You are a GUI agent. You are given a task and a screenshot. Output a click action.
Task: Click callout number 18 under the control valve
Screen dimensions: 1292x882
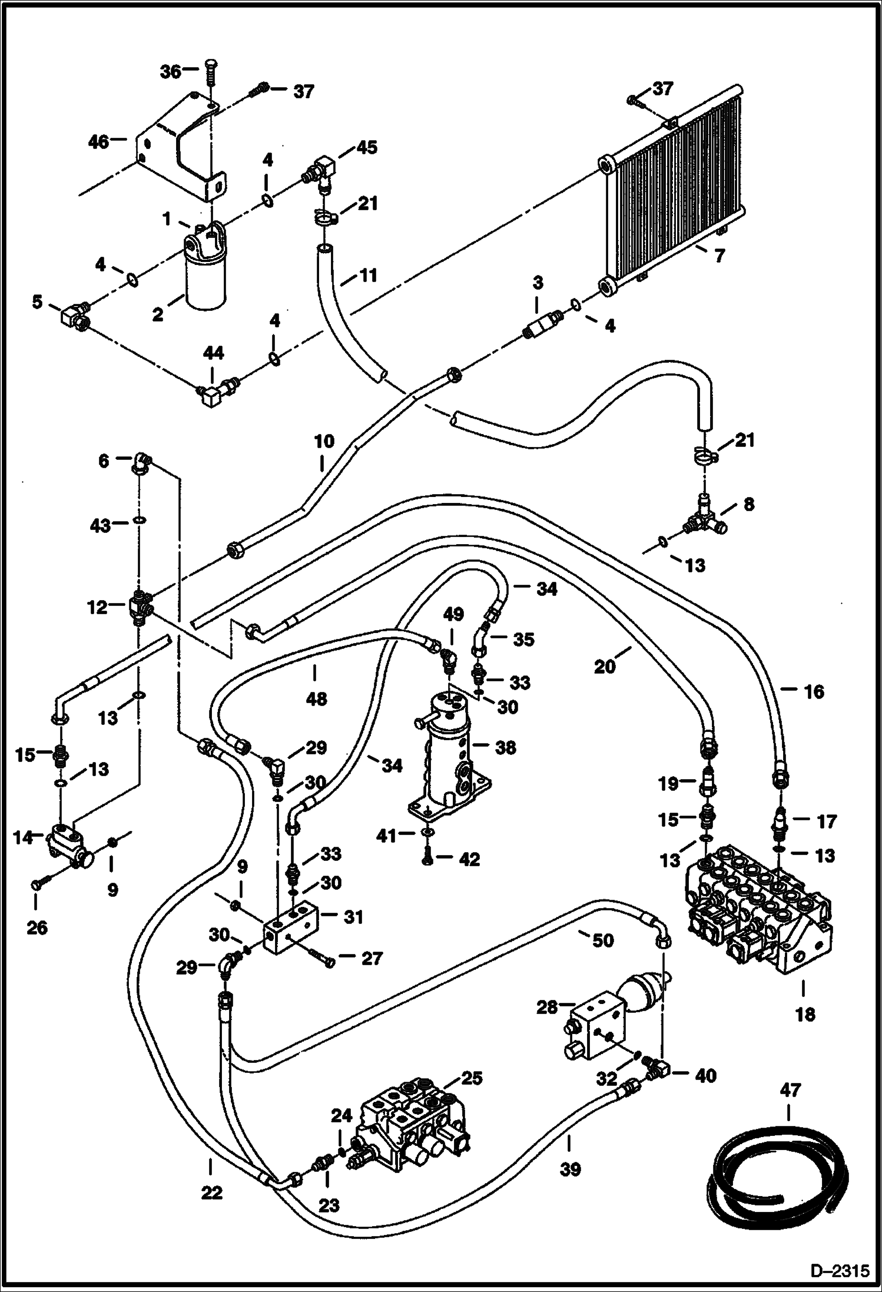click(x=805, y=1014)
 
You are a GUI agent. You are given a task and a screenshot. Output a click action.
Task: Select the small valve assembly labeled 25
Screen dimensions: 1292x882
click(x=412, y=1122)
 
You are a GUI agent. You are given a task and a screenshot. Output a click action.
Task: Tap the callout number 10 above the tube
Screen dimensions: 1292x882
click(x=324, y=441)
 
